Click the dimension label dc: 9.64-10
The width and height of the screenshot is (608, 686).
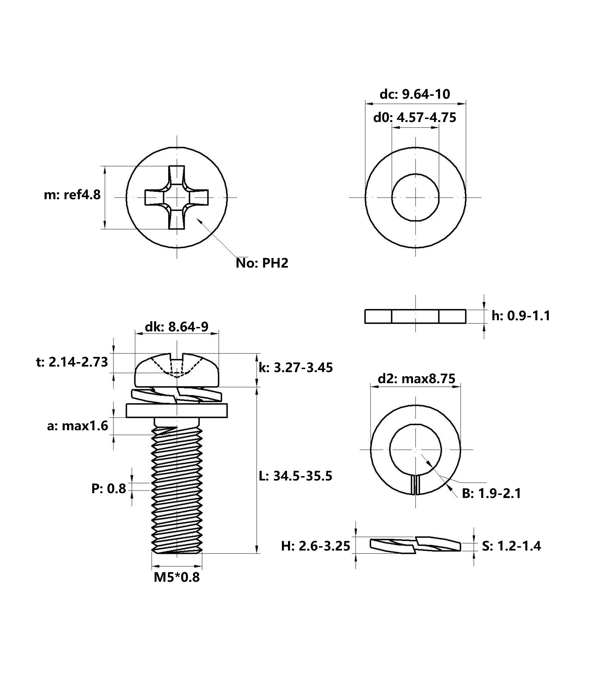click(415, 94)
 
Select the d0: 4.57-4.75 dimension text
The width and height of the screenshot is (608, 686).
click(415, 117)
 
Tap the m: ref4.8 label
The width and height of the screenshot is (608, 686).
click(72, 195)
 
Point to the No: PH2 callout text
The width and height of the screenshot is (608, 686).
click(262, 263)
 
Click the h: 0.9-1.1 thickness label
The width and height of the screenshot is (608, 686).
click(521, 316)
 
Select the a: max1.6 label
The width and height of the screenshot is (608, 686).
click(78, 426)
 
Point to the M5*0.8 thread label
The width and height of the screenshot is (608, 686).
click(177, 577)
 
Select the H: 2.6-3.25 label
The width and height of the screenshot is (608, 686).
click(316, 546)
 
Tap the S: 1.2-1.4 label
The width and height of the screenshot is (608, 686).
click(512, 546)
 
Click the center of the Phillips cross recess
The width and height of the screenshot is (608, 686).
click(177, 197)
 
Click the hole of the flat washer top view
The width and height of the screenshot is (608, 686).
click(415, 197)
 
